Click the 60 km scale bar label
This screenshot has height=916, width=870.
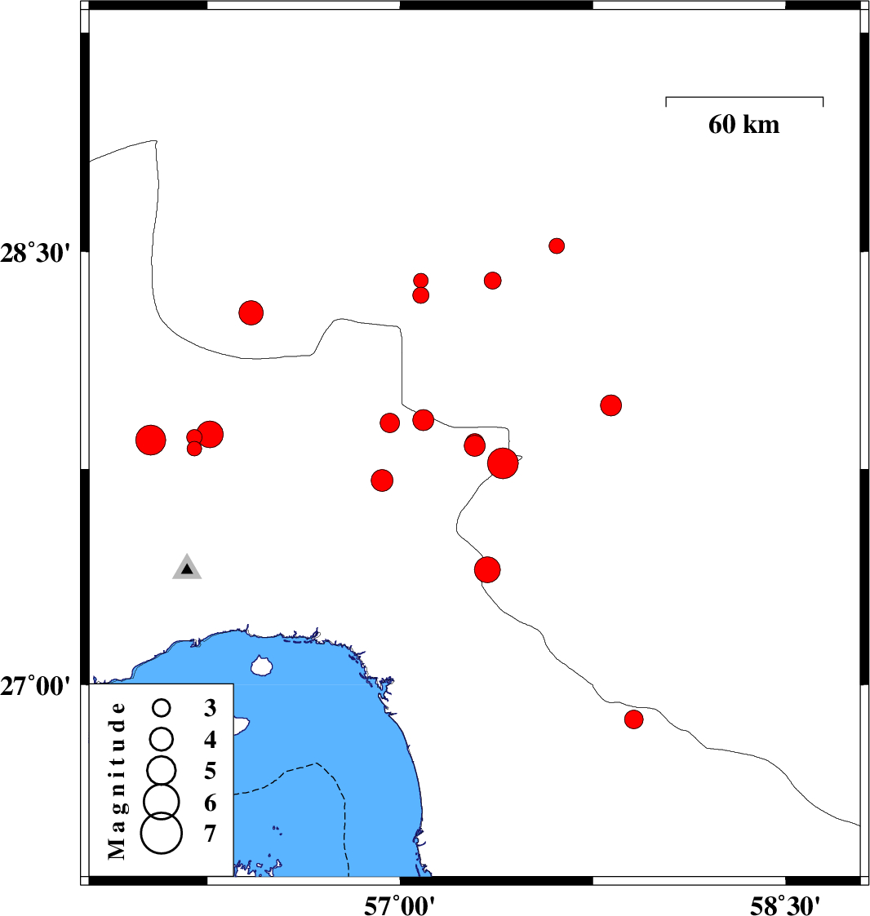point(743,125)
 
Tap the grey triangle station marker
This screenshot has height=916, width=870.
point(187,567)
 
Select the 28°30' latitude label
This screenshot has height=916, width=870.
point(35,254)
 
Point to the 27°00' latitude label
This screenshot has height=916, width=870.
point(35,686)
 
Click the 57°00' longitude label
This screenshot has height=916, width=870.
point(399,905)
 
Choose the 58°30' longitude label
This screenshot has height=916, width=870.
point(784,905)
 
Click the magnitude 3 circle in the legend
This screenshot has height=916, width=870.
point(162,708)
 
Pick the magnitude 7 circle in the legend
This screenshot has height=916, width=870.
point(162,833)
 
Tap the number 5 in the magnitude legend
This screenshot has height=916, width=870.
point(210,771)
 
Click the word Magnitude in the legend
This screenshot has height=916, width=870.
point(117,781)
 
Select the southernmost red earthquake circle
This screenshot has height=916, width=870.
point(634,719)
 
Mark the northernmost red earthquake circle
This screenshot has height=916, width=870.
point(557,246)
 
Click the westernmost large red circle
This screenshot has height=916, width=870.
point(151,440)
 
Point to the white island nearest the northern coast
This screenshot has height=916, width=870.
point(261,666)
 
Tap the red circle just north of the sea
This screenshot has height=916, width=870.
point(487,569)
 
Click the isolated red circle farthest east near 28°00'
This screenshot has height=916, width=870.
point(611,405)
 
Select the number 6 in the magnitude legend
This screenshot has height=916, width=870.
point(210,803)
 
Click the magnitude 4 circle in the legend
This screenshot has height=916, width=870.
point(162,739)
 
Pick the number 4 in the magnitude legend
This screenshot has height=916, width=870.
point(210,740)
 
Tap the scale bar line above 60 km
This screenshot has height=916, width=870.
point(744,98)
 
